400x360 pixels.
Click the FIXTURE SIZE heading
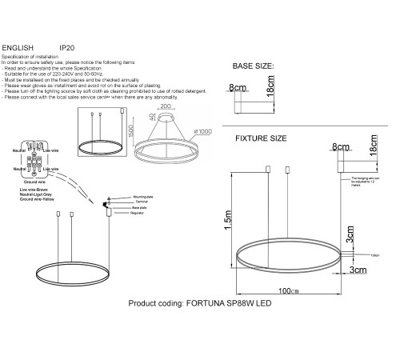[260, 138]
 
